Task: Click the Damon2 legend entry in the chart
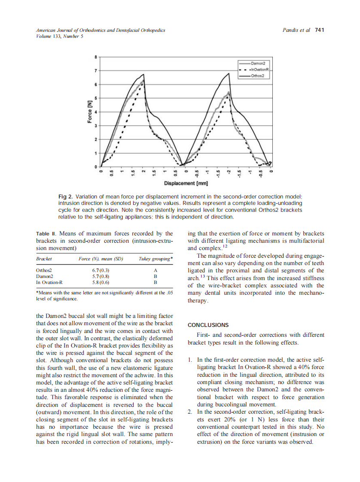(x=259, y=63)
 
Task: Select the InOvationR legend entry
(x=260, y=69)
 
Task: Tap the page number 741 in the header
(x=319, y=30)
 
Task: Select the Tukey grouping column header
(x=156, y=259)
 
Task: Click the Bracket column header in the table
(x=44, y=259)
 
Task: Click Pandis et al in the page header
(x=296, y=30)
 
